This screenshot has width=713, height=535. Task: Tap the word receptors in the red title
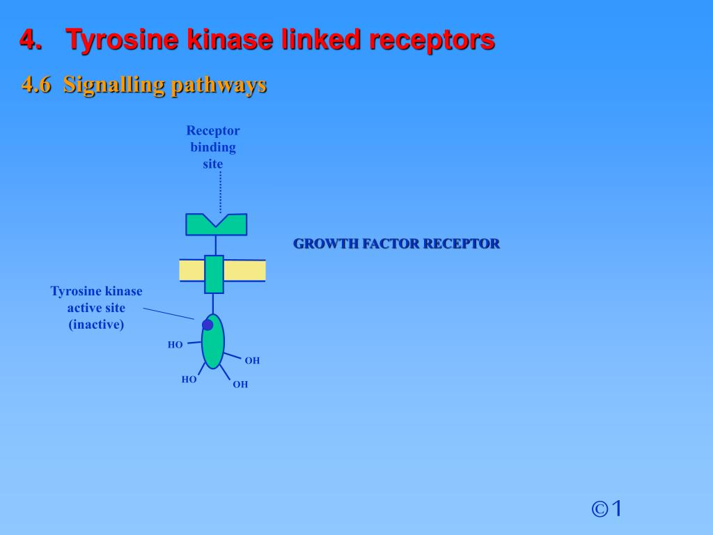(x=432, y=40)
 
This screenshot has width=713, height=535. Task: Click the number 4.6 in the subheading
(x=36, y=85)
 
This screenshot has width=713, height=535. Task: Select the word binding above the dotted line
(x=213, y=147)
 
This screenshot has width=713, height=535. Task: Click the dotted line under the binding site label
(x=220, y=192)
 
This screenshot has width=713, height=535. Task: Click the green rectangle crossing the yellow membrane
(x=214, y=274)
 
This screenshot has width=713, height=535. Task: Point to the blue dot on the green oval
(x=207, y=325)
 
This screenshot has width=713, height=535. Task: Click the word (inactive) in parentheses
(x=96, y=324)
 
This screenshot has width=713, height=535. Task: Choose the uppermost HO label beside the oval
(x=175, y=344)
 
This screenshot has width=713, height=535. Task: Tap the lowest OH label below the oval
(x=240, y=384)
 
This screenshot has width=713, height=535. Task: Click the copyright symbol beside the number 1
(x=600, y=509)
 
